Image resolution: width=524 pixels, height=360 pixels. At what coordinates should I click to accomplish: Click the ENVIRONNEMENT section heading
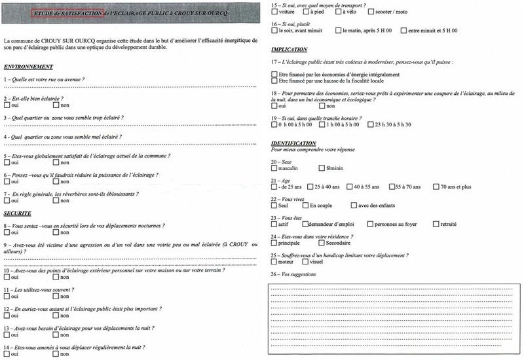[x=28, y=67]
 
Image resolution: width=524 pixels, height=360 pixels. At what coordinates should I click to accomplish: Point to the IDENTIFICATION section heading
[x=293, y=143]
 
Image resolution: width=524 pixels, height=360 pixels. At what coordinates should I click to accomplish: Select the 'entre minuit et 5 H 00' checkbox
[x=402, y=31]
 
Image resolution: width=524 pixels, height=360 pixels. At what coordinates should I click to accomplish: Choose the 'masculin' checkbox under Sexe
[x=274, y=169]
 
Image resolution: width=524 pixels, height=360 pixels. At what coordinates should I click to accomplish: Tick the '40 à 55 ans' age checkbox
[x=349, y=187]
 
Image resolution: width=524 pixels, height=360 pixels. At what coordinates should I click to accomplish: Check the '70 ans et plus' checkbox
[x=436, y=187]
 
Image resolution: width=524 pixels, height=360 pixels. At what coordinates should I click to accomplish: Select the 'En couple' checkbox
[x=306, y=206]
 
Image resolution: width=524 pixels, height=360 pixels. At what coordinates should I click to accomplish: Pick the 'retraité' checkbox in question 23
[x=436, y=224]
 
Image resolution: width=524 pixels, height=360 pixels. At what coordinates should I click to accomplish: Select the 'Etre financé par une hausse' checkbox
[x=274, y=81]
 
